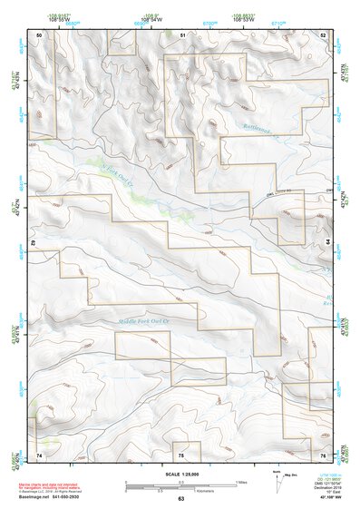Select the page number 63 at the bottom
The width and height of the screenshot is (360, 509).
180,499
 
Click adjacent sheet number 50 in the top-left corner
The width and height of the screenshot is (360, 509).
39,34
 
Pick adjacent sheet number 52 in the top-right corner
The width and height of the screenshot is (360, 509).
322,34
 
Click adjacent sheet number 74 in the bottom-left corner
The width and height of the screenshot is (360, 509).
39,454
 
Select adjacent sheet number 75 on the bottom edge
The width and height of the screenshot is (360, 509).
181,454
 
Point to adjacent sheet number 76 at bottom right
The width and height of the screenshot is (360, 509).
322,454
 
